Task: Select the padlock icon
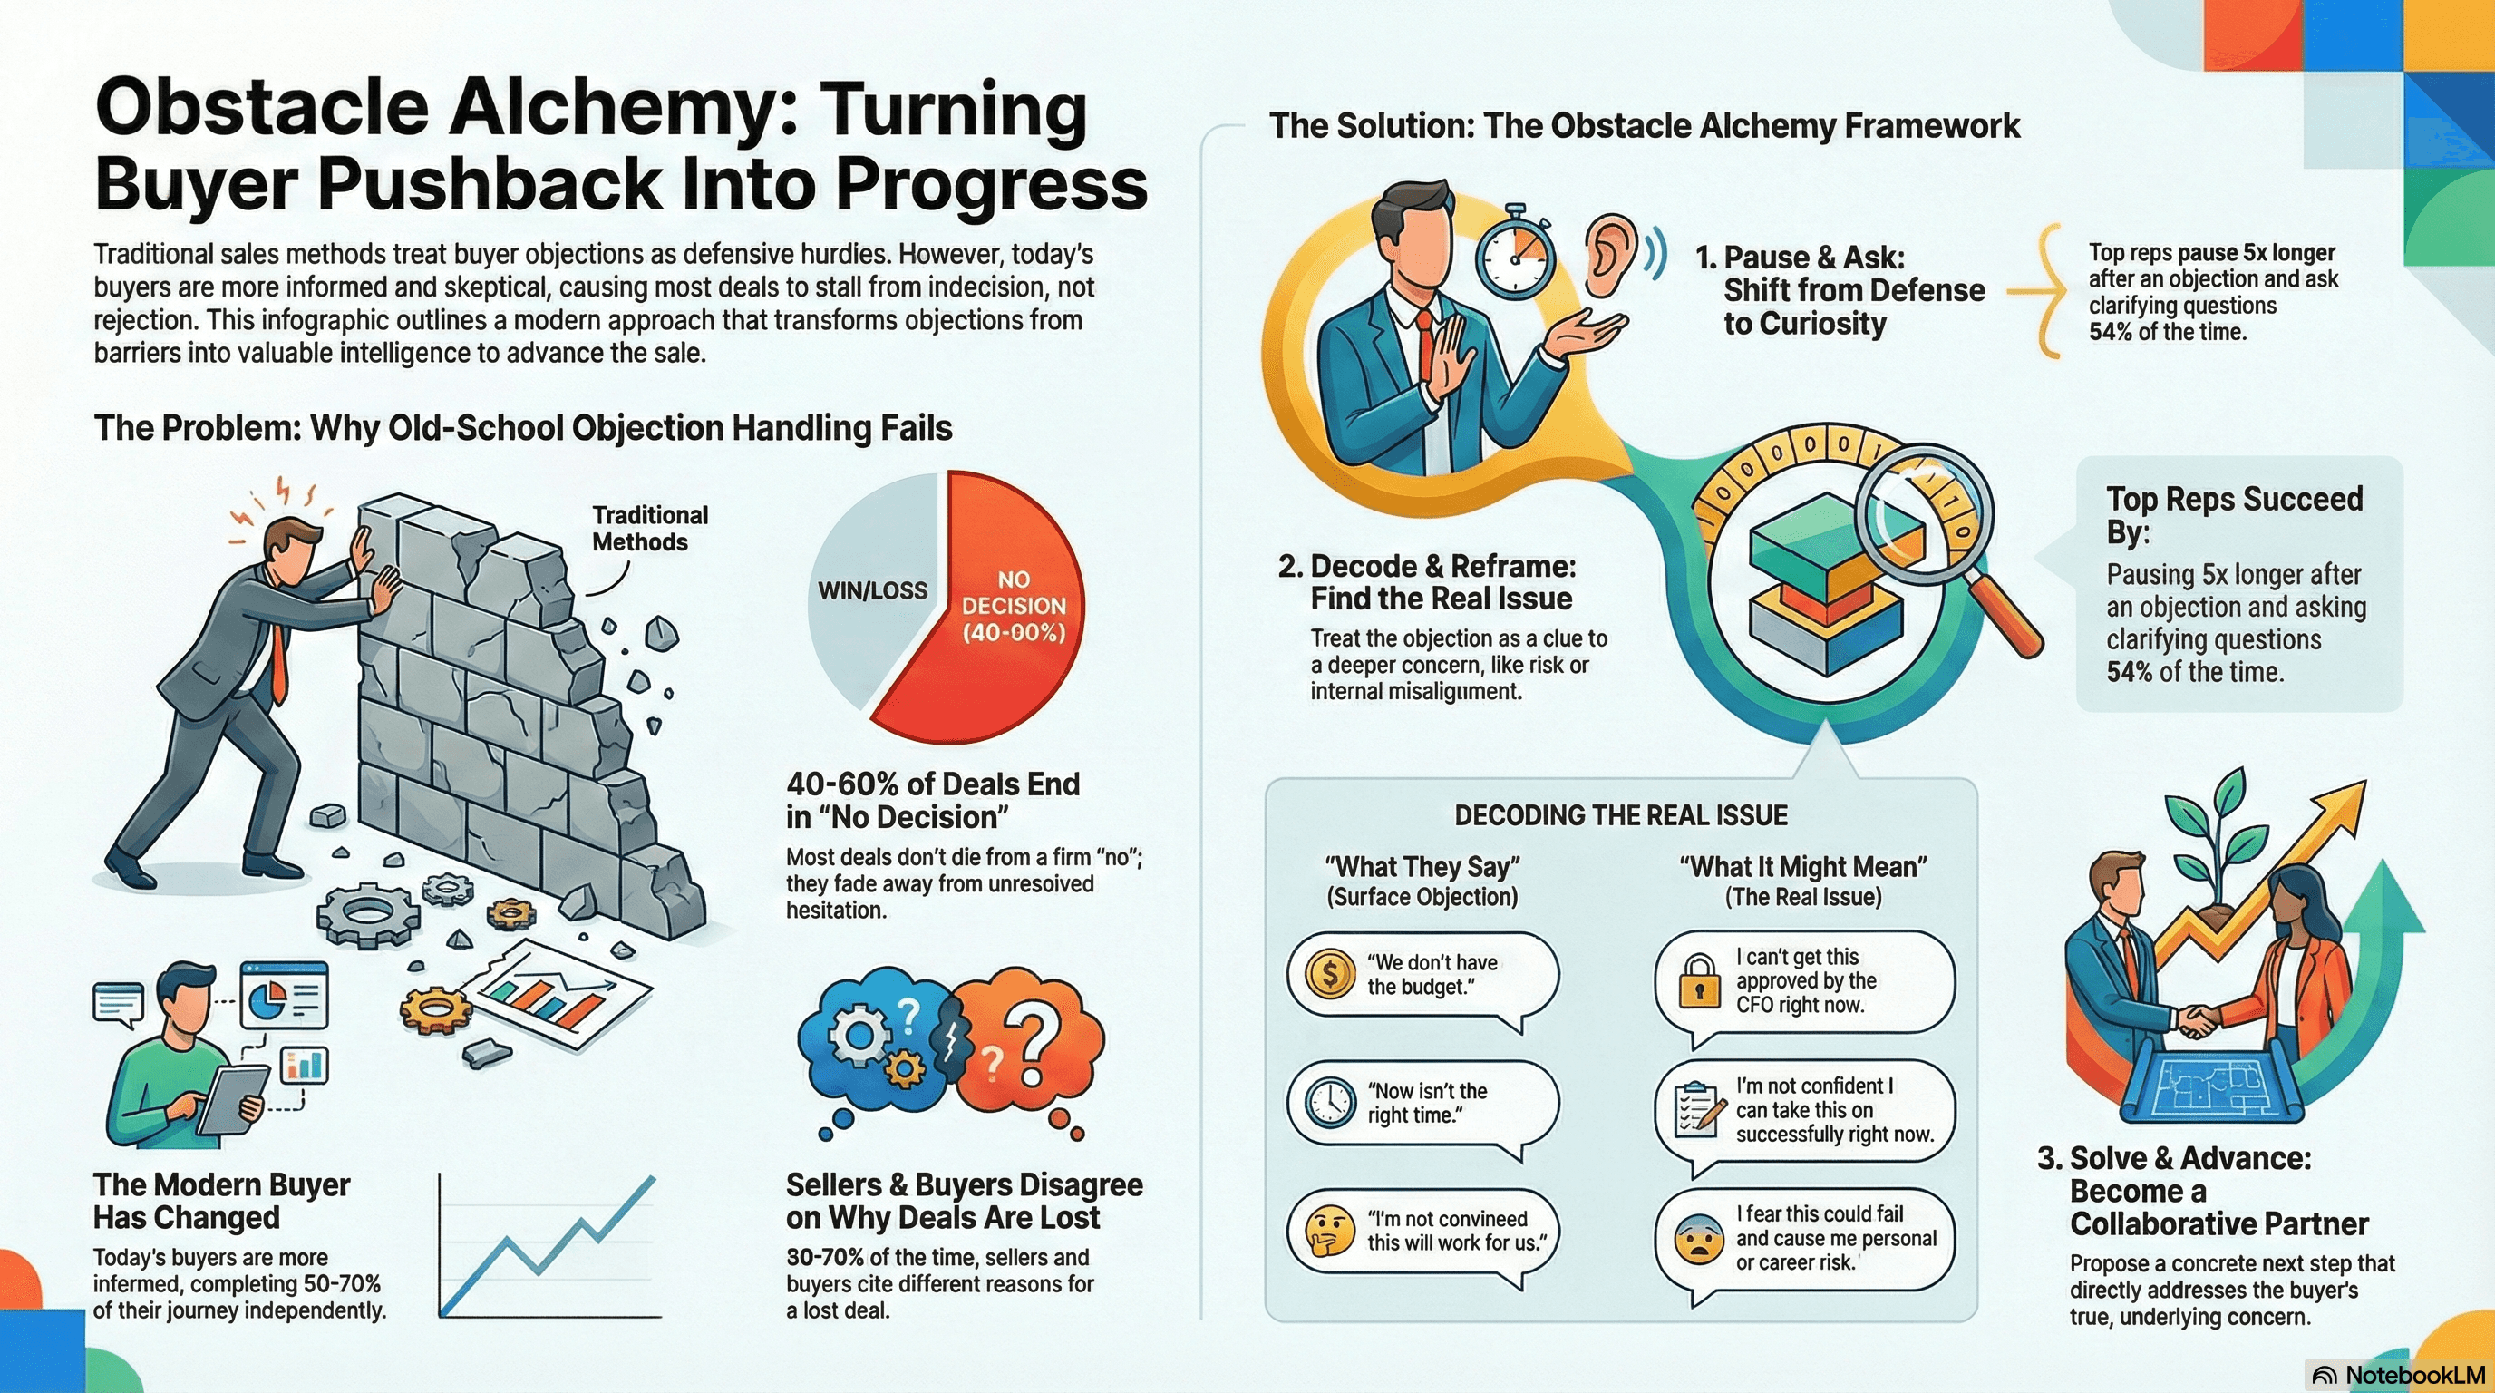[x=1699, y=980]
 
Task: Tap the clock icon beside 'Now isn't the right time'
[x=1330, y=1103]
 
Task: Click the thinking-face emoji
[x=1329, y=1232]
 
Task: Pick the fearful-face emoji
[x=1699, y=1239]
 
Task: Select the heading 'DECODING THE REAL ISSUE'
[x=1620, y=815]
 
